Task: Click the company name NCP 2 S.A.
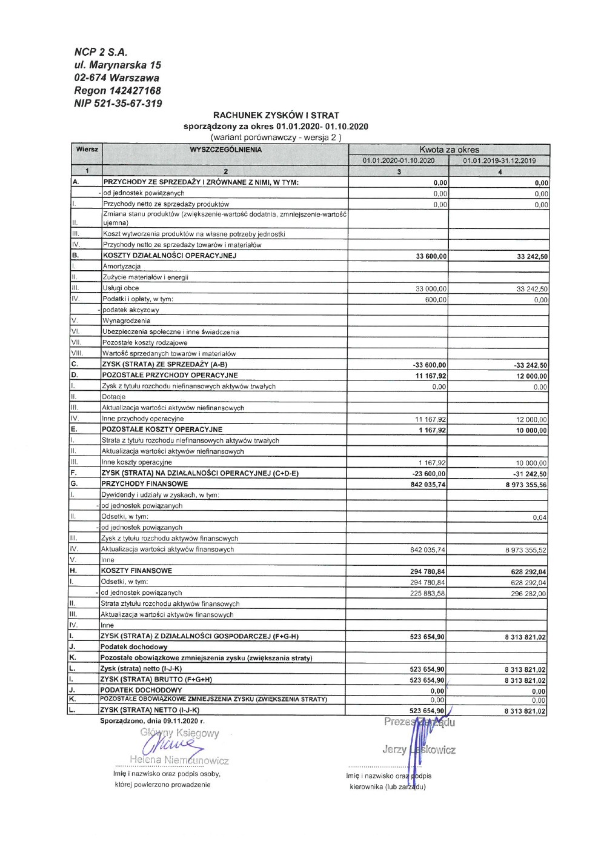(x=101, y=52)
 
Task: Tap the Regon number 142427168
(x=118, y=90)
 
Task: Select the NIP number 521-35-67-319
(x=118, y=103)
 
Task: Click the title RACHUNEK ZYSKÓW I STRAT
(x=276, y=115)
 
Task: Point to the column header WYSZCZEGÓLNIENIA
(x=225, y=150)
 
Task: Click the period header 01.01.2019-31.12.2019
(x=499, y=161)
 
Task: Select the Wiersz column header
(x=87, y=149)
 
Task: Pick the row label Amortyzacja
(x=122, y=267)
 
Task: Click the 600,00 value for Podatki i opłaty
(x=436, y=300)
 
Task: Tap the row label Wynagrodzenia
(x=126, y=321)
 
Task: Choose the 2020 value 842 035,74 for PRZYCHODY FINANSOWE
(x=428, y=485)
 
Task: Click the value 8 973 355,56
(x=526, y=485)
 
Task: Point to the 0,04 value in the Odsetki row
(x=539, y=517)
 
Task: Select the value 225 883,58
(x=427, y=594)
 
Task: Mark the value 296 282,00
(x=528, y=594)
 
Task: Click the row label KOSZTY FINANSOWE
(x=136, y=571)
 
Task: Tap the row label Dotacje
(x=114, y=397)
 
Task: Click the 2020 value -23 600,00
(x=430, y=474)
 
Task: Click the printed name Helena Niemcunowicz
(x=179, y=760)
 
